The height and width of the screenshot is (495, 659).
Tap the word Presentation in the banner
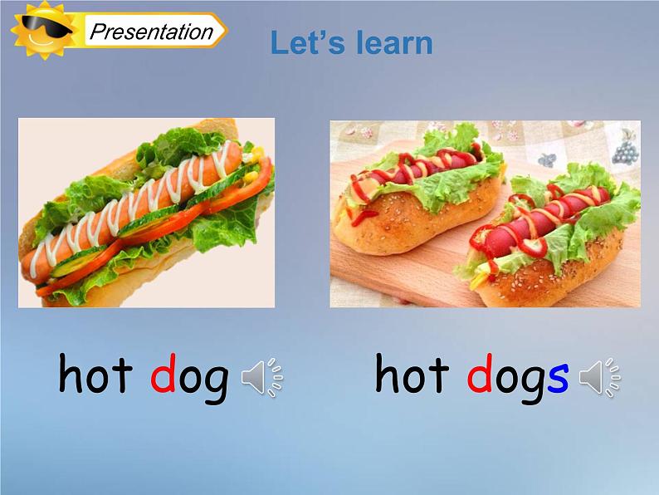[x=151, y=32]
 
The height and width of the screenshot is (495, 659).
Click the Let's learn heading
[x=351, y=43]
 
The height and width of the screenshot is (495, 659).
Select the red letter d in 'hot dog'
[x=161, y=376]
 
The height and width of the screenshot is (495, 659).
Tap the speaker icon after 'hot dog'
[x=261, y=379]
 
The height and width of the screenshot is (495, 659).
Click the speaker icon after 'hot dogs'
[x=599, y=379]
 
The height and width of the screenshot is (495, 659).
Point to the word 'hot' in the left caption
[x=95, y=376]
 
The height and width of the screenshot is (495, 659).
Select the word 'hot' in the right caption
[x=412, y=376]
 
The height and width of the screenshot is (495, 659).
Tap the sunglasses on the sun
[x=38, y=31]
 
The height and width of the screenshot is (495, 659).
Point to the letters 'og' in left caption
[x=203, y=379]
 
